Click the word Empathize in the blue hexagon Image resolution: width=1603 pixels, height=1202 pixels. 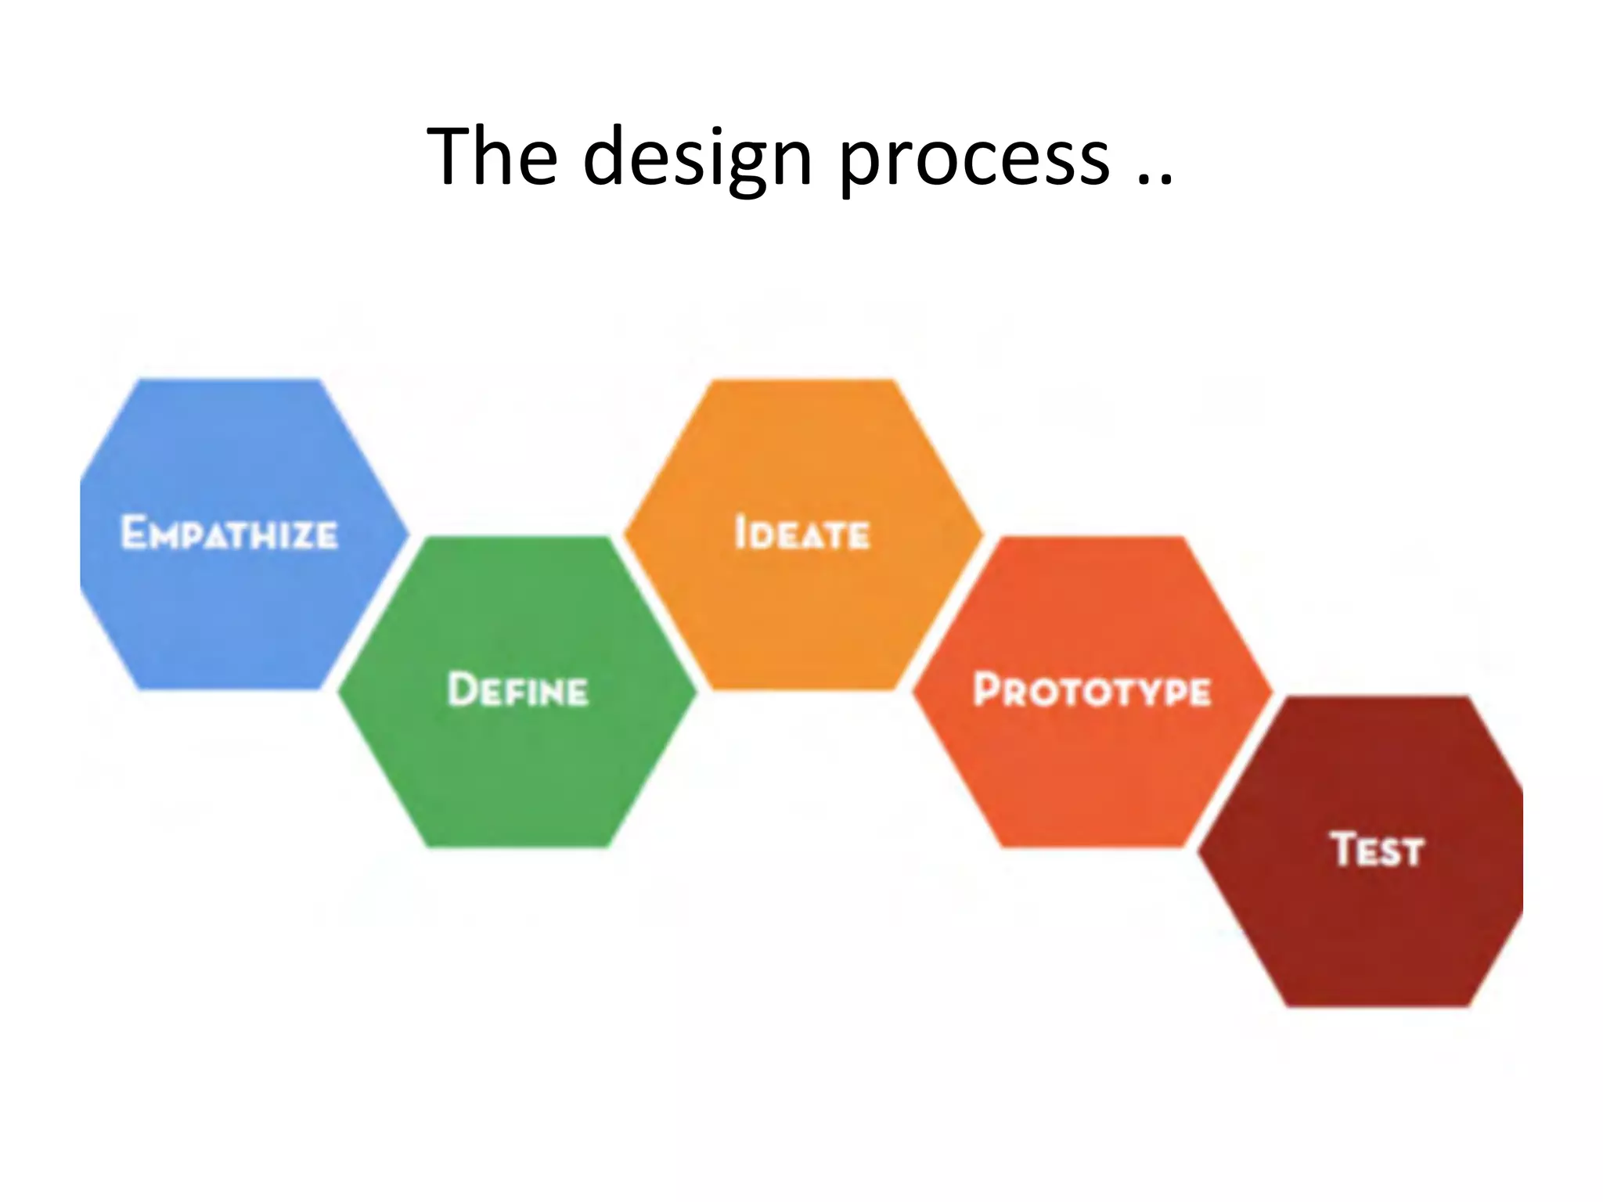pyautogui.click(x=229, y=534)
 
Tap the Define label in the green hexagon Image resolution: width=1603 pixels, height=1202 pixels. pyautogui.click(x=517, y=690)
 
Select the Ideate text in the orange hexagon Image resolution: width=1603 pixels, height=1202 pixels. pyautogui.click(x=802, y=534)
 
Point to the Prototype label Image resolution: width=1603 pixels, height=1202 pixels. pyautogui.click(x=1092, y=690)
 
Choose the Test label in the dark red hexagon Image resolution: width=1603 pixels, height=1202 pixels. pyautogui.click(x=1377, y=850)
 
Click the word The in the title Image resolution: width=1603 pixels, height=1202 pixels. pyautogui.click(x=492, y=157)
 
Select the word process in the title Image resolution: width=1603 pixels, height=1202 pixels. pyautogui.click(x=974, y=160)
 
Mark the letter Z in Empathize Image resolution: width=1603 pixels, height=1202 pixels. pyautogui.click(x=301, y=536)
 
